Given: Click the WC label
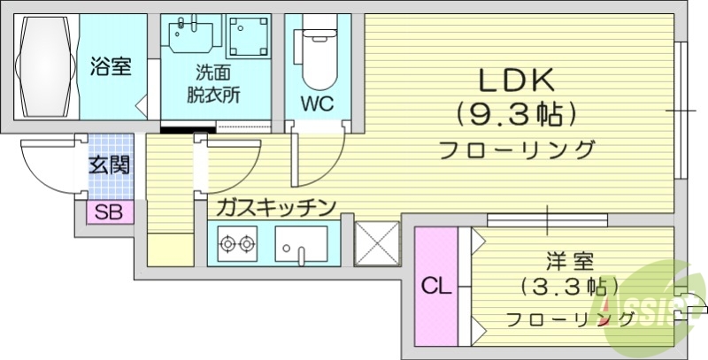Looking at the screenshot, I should (x=315, y=103).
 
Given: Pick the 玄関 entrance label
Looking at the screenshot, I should (x=110, y=165).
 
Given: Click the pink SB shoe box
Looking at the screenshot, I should (x=109, y=212).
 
